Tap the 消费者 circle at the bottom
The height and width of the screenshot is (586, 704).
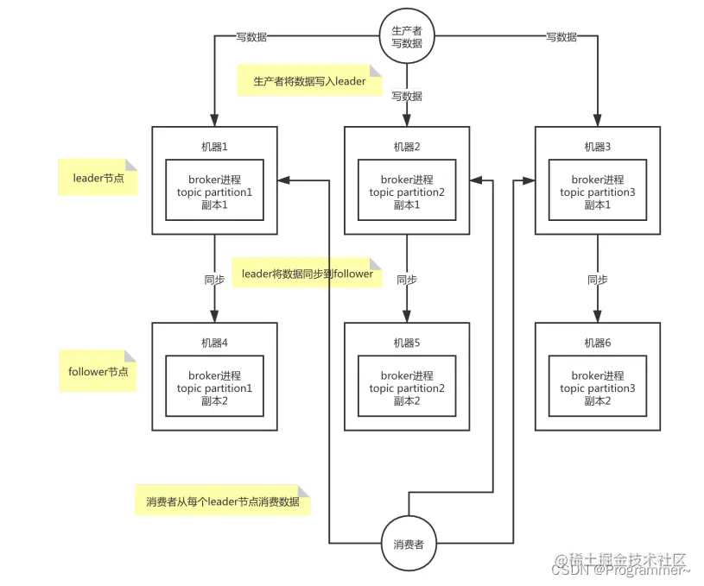pyautogui.click(x=408, y=545)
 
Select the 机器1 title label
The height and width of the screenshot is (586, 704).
pyautogui.click(x=214, y=146)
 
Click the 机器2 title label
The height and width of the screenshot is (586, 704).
pyautogui.click(x=407, y=146)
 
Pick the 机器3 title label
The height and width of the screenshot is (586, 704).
pyautogui.click(x=597, y=146)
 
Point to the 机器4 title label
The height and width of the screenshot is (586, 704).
pyautogui.click(x=214, y=343)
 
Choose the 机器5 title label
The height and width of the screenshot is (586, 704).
pyautogui.click(x=407, y=343)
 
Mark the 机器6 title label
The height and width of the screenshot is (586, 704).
pyautogui.click(x=597, y=343)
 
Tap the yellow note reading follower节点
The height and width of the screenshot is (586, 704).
pyautogui.click(x=98, y=371)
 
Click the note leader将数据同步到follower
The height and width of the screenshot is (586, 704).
pyautogui.click(x=307, y=274)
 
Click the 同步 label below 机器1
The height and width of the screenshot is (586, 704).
pyautogui.click(x=214, y=280)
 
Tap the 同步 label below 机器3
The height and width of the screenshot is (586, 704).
pyautogui.click(x=597, y=280)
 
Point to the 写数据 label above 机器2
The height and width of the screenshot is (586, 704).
pyautogui.click(x=407, y=96)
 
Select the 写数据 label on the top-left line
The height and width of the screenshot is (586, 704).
pyautogui.click(x=251, y=37)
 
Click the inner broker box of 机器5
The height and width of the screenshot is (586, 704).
pyautogui.click(x=407, y=388)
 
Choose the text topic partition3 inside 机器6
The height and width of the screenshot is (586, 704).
pyautogui.click(x=597, y=388)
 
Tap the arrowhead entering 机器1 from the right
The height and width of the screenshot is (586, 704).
pyautogui.click(x=284, y=180)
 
